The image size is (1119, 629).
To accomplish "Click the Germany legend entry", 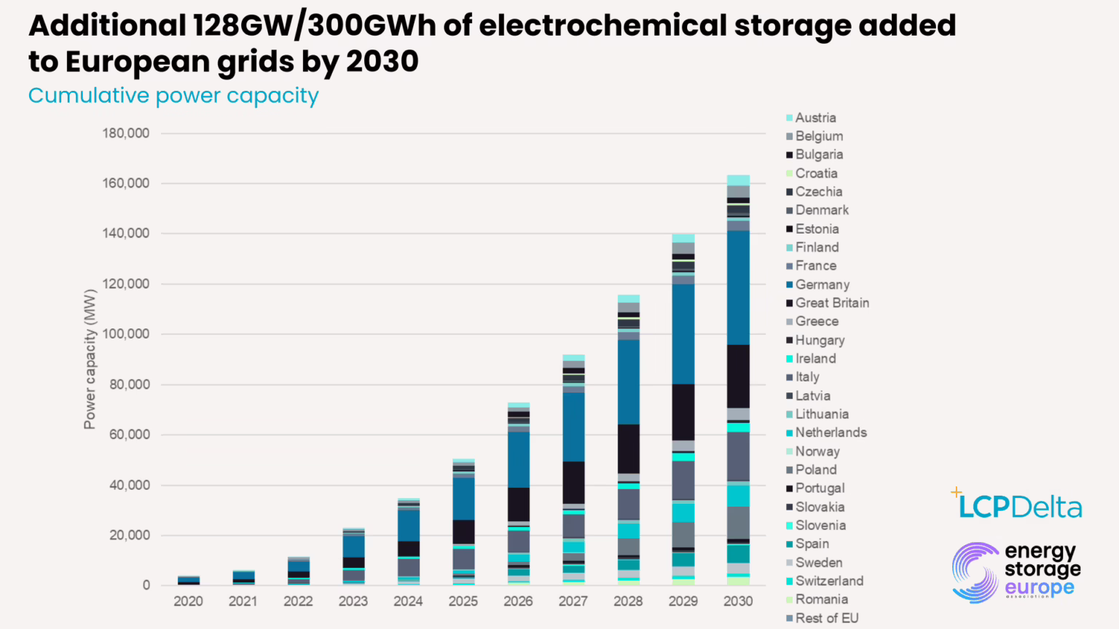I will coord(822,285).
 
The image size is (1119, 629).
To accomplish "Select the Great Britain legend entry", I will coord(831,303).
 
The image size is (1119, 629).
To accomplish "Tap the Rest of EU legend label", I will coord(826,618).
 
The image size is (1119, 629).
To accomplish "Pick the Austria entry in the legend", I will coord(815,118).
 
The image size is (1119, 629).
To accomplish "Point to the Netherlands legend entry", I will coord(831,432).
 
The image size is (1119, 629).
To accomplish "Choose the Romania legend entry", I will coord(821,599).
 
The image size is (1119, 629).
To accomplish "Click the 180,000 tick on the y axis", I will coord(125,133).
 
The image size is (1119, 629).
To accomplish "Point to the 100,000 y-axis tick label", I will coord(125,334).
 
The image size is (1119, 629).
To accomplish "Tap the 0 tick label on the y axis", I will coord(146,585).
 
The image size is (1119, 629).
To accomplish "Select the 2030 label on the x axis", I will coord(737,601).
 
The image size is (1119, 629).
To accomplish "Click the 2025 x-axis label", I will coord(463,601).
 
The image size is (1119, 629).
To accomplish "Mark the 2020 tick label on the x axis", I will coord(188,601).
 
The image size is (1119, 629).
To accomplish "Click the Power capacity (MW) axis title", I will coord(90,359).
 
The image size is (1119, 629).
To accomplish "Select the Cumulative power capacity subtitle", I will coord(173,96).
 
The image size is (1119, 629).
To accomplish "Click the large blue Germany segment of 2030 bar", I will coord(738,288).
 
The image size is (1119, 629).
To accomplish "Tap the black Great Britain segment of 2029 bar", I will coord(683,412).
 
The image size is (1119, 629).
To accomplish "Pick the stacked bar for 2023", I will coord(353,557).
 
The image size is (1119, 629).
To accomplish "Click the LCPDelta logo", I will coord(1018,505).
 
